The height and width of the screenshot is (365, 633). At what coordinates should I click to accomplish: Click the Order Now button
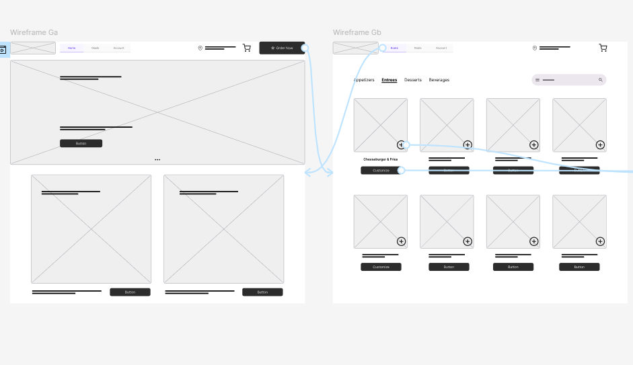click(282, 48)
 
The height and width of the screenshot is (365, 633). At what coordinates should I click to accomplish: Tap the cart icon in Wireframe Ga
click(247, 48)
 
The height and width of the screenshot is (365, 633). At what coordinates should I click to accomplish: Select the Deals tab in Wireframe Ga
click(95, 48)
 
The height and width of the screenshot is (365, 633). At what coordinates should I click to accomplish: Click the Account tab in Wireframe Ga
click(118, 48)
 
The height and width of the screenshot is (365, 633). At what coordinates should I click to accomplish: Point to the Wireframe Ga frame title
click(34, 32)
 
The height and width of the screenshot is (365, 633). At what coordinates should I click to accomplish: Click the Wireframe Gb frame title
click(357, 32)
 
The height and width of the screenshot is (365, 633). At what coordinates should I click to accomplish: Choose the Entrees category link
click(389, 80)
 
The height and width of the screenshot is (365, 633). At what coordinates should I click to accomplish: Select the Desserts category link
click(413, 80)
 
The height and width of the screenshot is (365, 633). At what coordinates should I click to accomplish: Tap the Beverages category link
click(439, 80)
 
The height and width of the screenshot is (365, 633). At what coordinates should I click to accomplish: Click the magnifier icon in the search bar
click(601, 80)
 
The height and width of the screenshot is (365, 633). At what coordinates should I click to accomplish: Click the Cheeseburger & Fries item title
click(381, 159)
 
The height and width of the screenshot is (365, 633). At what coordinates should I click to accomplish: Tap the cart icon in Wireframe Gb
click(603, 48)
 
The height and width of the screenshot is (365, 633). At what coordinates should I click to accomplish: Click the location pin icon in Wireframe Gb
click(535, 48)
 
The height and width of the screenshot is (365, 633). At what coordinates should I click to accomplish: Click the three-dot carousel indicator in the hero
click(157, 159)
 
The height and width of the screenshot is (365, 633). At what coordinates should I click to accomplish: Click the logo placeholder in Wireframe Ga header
click(33, 48)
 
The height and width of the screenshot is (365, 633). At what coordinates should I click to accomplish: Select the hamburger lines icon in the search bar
click(537, 80)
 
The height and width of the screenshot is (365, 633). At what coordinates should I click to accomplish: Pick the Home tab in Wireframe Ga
click(71, 48)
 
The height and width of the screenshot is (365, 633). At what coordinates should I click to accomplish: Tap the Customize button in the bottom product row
click(381, 267)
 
